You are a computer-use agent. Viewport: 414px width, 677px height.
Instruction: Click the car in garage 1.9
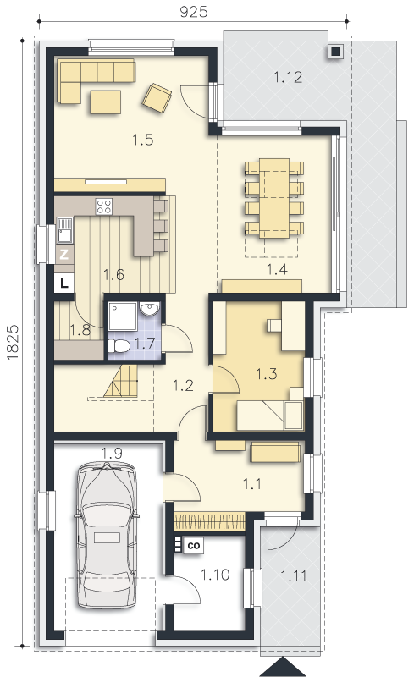coord(107,536)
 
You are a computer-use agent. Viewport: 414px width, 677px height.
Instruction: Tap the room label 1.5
coord(142,140)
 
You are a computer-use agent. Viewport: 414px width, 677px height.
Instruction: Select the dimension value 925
coord(194,12)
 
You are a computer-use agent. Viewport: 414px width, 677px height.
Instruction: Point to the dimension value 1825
coord(13,342)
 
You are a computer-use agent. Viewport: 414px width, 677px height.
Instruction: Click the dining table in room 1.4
coord(274,198)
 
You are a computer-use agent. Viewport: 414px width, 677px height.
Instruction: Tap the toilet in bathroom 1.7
coord(119,346)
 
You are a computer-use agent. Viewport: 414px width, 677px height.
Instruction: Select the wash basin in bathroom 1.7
coord(150,308)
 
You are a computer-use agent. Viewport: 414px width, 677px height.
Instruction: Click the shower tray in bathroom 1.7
coord(123,316)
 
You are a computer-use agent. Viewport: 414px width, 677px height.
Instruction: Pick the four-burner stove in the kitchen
coord(104,206)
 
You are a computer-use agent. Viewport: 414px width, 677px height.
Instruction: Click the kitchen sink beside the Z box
coord(65,230)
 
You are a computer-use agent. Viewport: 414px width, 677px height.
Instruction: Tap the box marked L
coord(64,283)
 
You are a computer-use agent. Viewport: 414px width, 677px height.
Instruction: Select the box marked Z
coord(64,255)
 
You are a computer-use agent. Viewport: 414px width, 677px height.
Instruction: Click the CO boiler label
coord(194,545)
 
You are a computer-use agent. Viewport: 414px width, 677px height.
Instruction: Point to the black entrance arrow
coord(282,667)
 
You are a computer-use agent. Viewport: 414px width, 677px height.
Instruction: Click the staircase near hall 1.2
coord(120,382)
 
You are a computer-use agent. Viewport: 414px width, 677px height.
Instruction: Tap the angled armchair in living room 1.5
coord(157,98)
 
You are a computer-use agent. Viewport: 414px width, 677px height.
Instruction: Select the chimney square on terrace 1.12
coord(336,52)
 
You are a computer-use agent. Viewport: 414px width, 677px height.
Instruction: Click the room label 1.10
coord(215,575)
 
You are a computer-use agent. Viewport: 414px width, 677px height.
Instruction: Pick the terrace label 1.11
coord(294,576)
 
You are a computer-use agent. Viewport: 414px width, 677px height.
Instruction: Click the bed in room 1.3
coord(270,416)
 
